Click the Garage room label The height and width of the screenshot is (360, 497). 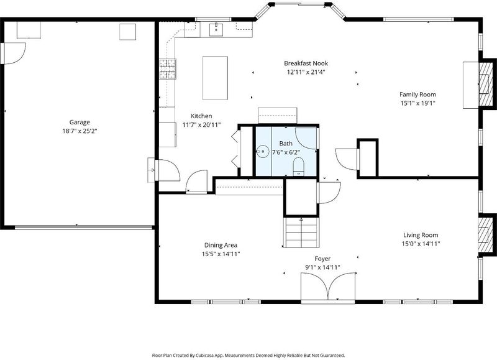(80, 122)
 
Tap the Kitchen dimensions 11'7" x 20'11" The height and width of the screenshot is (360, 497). (201, 124)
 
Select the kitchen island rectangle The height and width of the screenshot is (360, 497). (215, 78)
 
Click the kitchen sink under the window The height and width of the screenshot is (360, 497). (216, 30)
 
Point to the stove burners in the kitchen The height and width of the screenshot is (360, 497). (168, 69)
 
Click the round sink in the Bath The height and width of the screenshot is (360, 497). (263, 151)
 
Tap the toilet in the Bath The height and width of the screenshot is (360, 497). (298, 167)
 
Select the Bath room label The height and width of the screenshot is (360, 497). (286, 144)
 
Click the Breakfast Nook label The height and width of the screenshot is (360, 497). (306, 63)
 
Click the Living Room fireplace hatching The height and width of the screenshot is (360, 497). (484, 234)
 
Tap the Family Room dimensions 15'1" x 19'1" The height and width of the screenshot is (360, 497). (417, 103)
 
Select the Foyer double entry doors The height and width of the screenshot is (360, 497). (328, 286)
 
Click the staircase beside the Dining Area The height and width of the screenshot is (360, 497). (301, 233)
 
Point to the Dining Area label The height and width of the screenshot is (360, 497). (221, 245)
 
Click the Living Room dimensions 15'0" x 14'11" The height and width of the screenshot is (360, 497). (421, 244)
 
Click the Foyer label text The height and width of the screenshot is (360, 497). (322, 259)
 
